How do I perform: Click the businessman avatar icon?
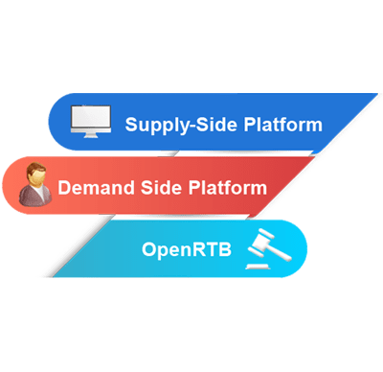(36, 186)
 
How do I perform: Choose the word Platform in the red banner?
(227, 187)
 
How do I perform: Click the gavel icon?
(267, 251)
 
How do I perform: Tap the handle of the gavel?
(277, 254)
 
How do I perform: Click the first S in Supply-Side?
(131, 124)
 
